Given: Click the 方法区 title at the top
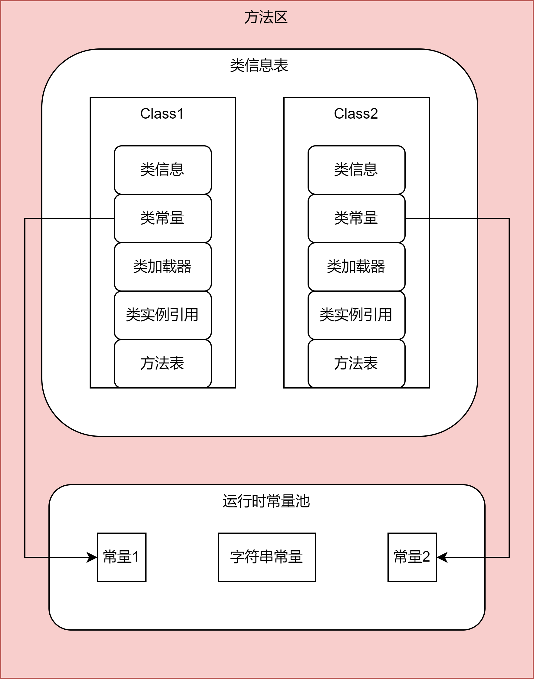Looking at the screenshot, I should (x=266, y=17).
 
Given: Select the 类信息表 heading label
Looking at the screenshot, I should (x=259, y=66).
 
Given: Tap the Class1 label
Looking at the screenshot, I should (x=162, y=114).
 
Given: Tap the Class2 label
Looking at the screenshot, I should (x=356, y=114).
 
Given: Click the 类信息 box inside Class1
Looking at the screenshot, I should (x=163, y=170).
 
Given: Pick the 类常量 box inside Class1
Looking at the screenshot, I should (x=163, y=218).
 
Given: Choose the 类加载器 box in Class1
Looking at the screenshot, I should (x=163, y=267).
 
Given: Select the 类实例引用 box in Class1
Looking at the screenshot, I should (x=163, y=315).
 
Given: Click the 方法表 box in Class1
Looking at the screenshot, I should (x=163, y=363).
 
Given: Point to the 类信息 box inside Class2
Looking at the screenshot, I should (x=356, y=170).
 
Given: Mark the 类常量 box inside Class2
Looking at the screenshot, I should (x=356, y=218).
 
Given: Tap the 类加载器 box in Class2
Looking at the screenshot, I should (x=356, y=267).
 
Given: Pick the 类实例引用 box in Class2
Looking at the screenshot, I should (x=356, y=315).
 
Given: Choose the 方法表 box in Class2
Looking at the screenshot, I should (x=356, y=363).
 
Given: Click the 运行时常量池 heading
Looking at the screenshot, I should (x=266, y=501).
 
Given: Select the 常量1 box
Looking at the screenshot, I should (x=122, y=557).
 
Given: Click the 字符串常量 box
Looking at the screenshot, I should (x=267, y=557).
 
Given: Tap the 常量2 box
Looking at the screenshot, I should (x=412, y=557).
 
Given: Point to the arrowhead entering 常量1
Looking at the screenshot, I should (x=92, y=557).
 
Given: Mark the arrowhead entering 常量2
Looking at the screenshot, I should (x=442, y=557).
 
